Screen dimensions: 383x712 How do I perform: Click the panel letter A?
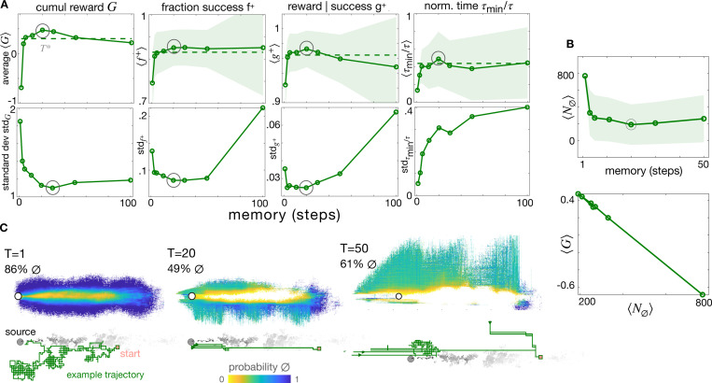click(7, 7)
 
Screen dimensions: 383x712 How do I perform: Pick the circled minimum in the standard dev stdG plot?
click(53, 188)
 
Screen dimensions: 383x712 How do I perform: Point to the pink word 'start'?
click(130, 353)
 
